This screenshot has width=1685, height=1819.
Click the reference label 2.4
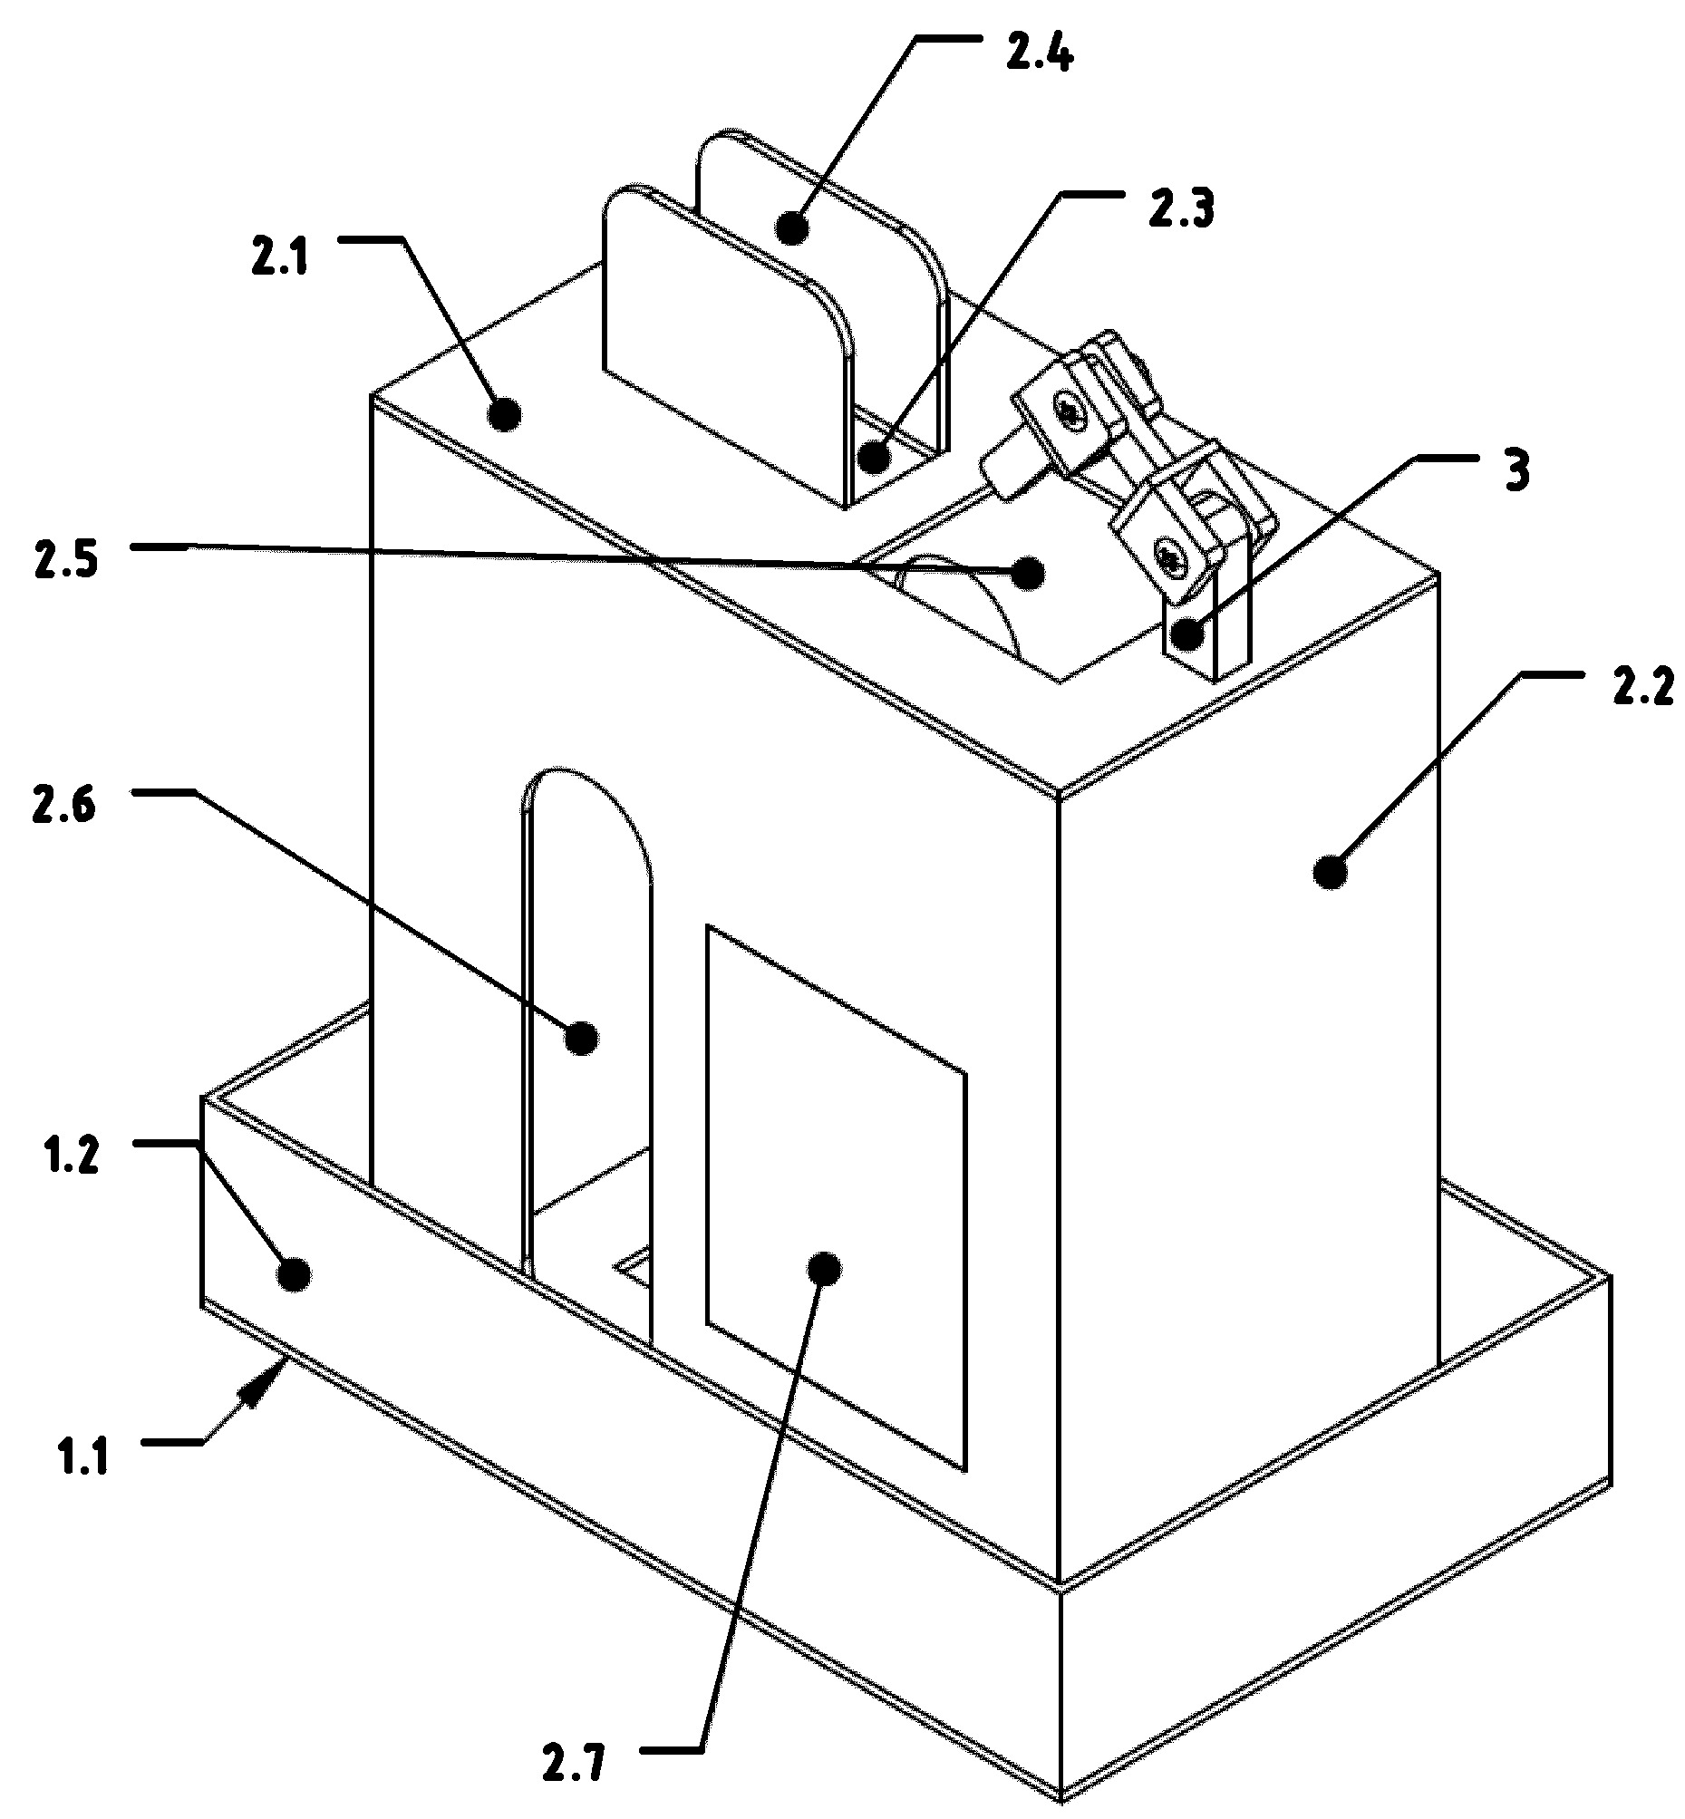[x=1040, y=53]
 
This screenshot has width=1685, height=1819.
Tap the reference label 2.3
[x=1181, y=209]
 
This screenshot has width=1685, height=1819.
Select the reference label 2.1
[x=280, y=259]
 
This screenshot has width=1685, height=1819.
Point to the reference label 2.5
[x=65, y=562]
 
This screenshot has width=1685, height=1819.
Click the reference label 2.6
[x=63, y=806]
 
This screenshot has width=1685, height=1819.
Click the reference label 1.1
[x=82, y=1456]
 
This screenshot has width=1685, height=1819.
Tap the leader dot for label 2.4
[x=792, y=228]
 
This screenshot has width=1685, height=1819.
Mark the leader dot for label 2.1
[x=504, y=415]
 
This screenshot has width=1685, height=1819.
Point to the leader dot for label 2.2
[x=1331, y=872]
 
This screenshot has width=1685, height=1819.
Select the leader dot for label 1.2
[x=293, y=1273]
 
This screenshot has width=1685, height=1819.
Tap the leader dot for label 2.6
[x=582, y=1038]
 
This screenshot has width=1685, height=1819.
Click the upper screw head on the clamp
[x=1071, y=413]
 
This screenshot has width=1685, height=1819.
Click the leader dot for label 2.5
[x=1029, y=573]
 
